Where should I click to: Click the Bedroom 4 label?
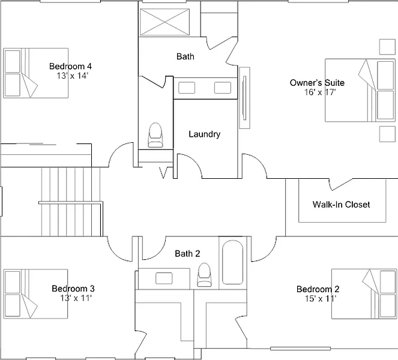click(70, 66)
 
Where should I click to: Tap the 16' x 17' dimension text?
click(320, 92)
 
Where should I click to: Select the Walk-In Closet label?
click(341, 205)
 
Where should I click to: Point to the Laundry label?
click(204, 134)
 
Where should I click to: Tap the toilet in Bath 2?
click(205, 274)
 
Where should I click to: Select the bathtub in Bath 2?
click(232, 263)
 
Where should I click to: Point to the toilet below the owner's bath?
click(155, 135)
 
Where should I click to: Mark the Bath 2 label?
click(187, 254)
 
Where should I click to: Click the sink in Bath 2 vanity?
click(164, 278)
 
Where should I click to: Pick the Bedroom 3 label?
click(73, 288)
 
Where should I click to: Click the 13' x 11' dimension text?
click(76, 298)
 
